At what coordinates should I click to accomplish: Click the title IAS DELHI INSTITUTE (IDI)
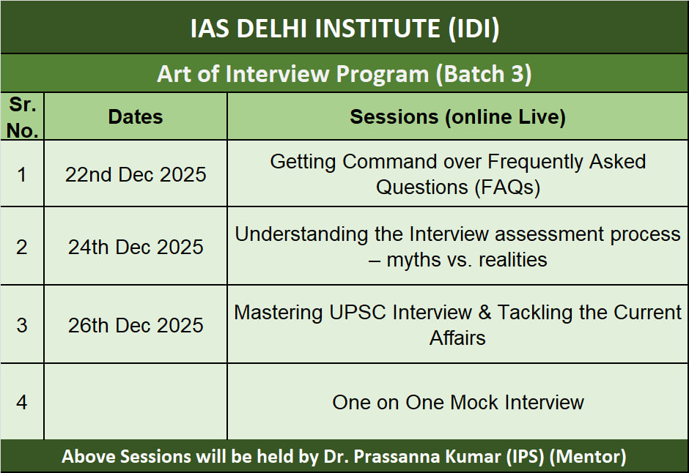(344, 29)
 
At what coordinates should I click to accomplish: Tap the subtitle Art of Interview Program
(293, 74)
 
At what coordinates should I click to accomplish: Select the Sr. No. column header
(23, 117)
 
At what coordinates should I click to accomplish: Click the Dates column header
(136, 116)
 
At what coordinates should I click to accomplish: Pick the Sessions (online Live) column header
(457, 116)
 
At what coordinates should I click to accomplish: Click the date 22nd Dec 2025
(136, 175)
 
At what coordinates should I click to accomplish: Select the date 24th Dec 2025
(136, 247)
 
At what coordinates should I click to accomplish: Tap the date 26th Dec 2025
(136, 325)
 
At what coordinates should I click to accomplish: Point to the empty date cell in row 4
(136, 401)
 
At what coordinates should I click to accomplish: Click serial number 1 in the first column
(21, 175)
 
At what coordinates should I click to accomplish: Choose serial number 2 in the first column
(21, 247)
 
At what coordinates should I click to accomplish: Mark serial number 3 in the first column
(21, 325)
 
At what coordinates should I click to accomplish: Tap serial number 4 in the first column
(21, 402)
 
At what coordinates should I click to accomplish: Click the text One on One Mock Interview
(458, 403)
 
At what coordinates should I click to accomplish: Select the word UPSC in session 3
(357, 313)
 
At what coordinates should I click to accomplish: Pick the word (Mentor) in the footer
(588, 456)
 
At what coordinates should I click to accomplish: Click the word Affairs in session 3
(457, 338)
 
